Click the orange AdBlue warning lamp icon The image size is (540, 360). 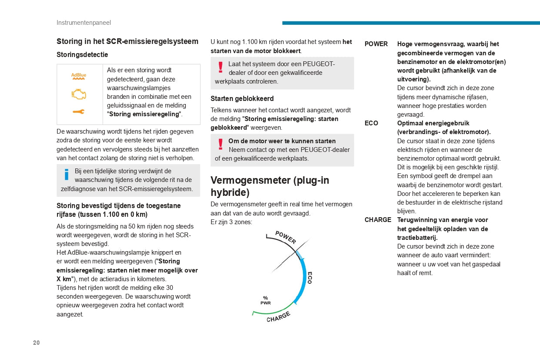click(79, 76)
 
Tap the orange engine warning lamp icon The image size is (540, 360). click(79, 94)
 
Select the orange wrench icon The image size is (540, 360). click(79, 112)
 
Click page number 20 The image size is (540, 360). click(37, 343)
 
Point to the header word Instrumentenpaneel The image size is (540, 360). click(84, 23)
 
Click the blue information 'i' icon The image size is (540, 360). click(67, 175)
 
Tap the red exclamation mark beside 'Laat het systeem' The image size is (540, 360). click(221, 67)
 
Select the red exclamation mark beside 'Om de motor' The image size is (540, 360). click(221, 144)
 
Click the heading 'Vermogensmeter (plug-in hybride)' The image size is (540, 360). click(270, 186)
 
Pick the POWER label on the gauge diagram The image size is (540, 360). click(285, 237)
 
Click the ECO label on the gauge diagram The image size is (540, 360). click(310, 278)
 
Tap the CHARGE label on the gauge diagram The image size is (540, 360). click(278, 317)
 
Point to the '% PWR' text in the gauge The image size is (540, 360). click(265, 300)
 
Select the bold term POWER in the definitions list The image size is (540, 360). click(376, 44)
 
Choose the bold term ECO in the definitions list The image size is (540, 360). click(371, 123)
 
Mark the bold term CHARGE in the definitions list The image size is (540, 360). click(378, 220)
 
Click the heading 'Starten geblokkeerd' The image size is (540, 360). click(242, 99)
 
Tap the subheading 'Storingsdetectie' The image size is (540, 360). click(82, 55)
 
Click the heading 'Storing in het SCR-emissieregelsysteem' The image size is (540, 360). click(127, 41)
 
